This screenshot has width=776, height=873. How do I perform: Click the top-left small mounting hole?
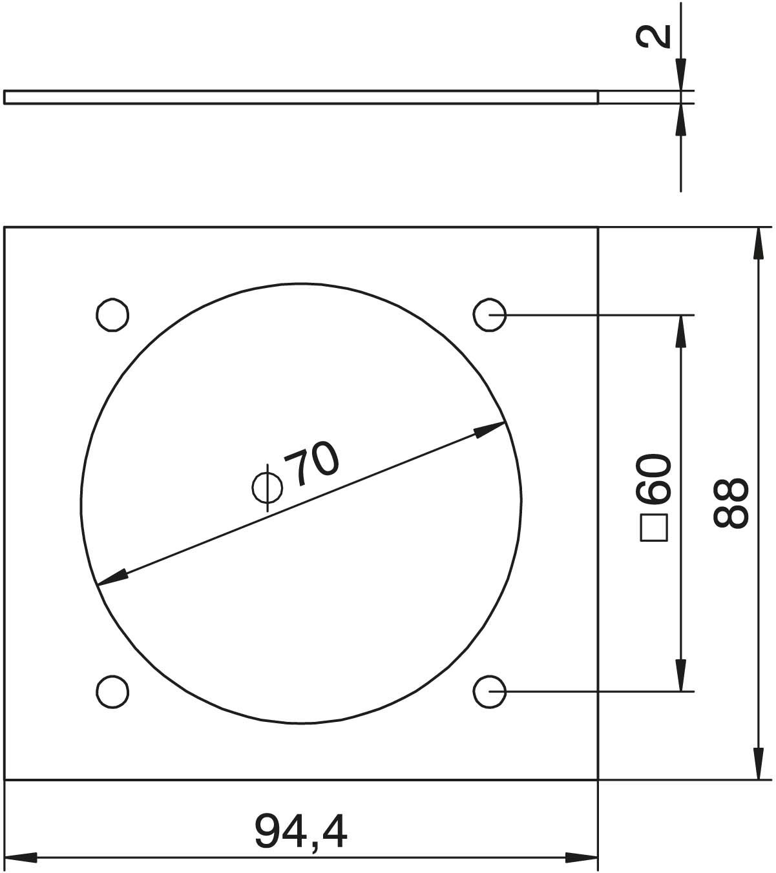(x=112, y=315)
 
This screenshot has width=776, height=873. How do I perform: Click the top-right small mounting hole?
(x=489, y=315)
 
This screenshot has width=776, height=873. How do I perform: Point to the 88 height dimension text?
(x=731, y=502)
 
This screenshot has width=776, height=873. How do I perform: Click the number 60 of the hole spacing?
(x=655, y=478)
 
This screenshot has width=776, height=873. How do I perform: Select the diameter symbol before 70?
(x=267, y=488)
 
